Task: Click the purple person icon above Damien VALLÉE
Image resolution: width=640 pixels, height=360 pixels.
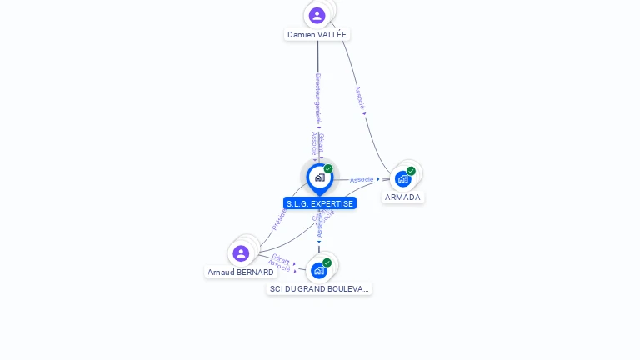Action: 317,15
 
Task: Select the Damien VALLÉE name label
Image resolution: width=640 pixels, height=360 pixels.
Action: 317,35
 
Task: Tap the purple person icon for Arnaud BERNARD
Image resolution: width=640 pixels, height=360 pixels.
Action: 241,252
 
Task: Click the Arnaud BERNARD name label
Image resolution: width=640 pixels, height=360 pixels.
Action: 240,272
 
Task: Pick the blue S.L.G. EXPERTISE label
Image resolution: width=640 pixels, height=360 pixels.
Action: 320,203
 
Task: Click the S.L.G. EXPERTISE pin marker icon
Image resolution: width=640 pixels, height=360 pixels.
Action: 319,177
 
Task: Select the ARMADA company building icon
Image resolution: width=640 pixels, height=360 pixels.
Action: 402,179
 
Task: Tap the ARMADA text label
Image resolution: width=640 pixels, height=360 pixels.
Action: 402,197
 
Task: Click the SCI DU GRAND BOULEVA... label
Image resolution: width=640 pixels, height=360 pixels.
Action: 319,289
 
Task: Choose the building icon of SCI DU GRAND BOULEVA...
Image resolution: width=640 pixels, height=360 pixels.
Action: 318,270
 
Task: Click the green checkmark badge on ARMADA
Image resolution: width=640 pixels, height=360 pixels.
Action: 411,171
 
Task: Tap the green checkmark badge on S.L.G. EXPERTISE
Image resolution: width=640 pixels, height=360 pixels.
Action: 328,169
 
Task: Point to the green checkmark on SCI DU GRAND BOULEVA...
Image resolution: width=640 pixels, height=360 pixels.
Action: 327,262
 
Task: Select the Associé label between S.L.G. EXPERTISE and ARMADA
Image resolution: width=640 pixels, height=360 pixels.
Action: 361,180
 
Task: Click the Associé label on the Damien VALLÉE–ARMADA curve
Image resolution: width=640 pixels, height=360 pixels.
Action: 359,97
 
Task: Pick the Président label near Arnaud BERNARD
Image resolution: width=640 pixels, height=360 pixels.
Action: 279,219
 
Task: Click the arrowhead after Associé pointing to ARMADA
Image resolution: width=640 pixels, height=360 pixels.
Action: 378,179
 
